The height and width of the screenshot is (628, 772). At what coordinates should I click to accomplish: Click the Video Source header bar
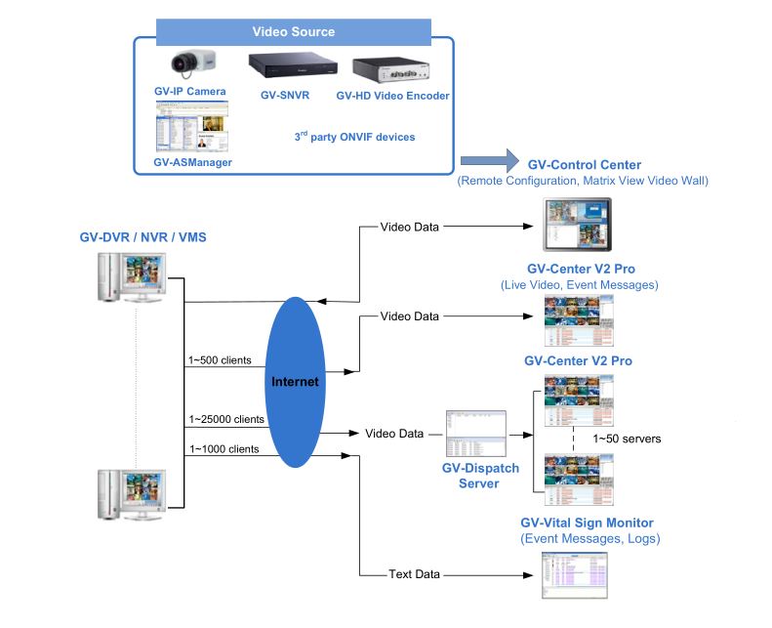coord(293,31)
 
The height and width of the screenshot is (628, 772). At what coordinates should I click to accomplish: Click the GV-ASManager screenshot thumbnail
coord(192,130)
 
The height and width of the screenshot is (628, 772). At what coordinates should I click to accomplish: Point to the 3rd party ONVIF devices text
coord(354,137)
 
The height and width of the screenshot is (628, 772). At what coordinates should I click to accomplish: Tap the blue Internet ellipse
coord(295,382)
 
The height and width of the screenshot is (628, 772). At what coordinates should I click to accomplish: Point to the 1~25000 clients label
coord(225,419)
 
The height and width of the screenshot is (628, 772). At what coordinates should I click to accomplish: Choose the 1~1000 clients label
coord(223,449)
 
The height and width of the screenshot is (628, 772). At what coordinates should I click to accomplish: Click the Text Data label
coord(413,574)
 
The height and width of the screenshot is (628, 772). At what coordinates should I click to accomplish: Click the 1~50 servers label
coord(627,439)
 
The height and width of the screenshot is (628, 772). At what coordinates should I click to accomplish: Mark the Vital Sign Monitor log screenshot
coord(574,575)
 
